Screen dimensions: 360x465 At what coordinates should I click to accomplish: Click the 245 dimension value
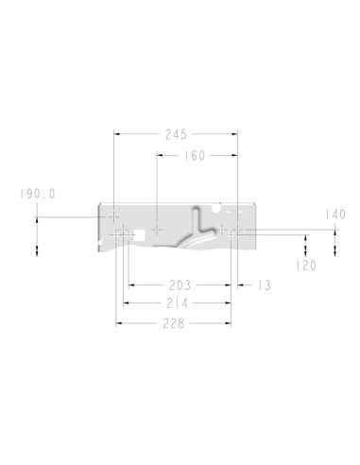pos(176,134)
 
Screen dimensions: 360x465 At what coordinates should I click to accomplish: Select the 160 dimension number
pos(195,156)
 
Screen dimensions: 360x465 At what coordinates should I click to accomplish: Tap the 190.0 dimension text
pos(38,194)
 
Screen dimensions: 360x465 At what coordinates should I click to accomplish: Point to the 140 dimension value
pos(335,215)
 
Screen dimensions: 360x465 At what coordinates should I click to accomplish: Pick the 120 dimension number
pos(306,266)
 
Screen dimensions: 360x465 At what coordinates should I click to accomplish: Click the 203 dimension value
pos(180,285)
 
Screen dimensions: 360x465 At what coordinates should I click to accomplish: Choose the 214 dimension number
pos(178,303)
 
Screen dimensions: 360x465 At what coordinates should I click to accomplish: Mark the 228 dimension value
pos(174,323)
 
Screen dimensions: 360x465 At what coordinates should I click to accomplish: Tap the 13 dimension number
pos(265,285)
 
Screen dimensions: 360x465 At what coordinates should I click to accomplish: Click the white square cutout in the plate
pos(140,234)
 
